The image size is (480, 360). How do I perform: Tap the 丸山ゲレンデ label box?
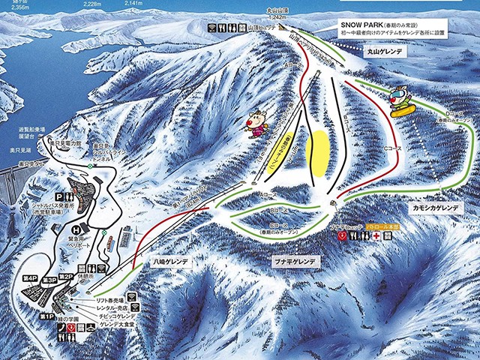coord(386,53)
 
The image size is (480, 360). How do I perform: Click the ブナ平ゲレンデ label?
coord(293,262)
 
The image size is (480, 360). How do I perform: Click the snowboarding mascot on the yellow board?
coord(403,103)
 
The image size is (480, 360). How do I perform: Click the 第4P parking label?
coord(30,278)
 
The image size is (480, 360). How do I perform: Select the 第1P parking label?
coord(46,318)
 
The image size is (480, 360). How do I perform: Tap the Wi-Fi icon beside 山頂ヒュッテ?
coord(214,26)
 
